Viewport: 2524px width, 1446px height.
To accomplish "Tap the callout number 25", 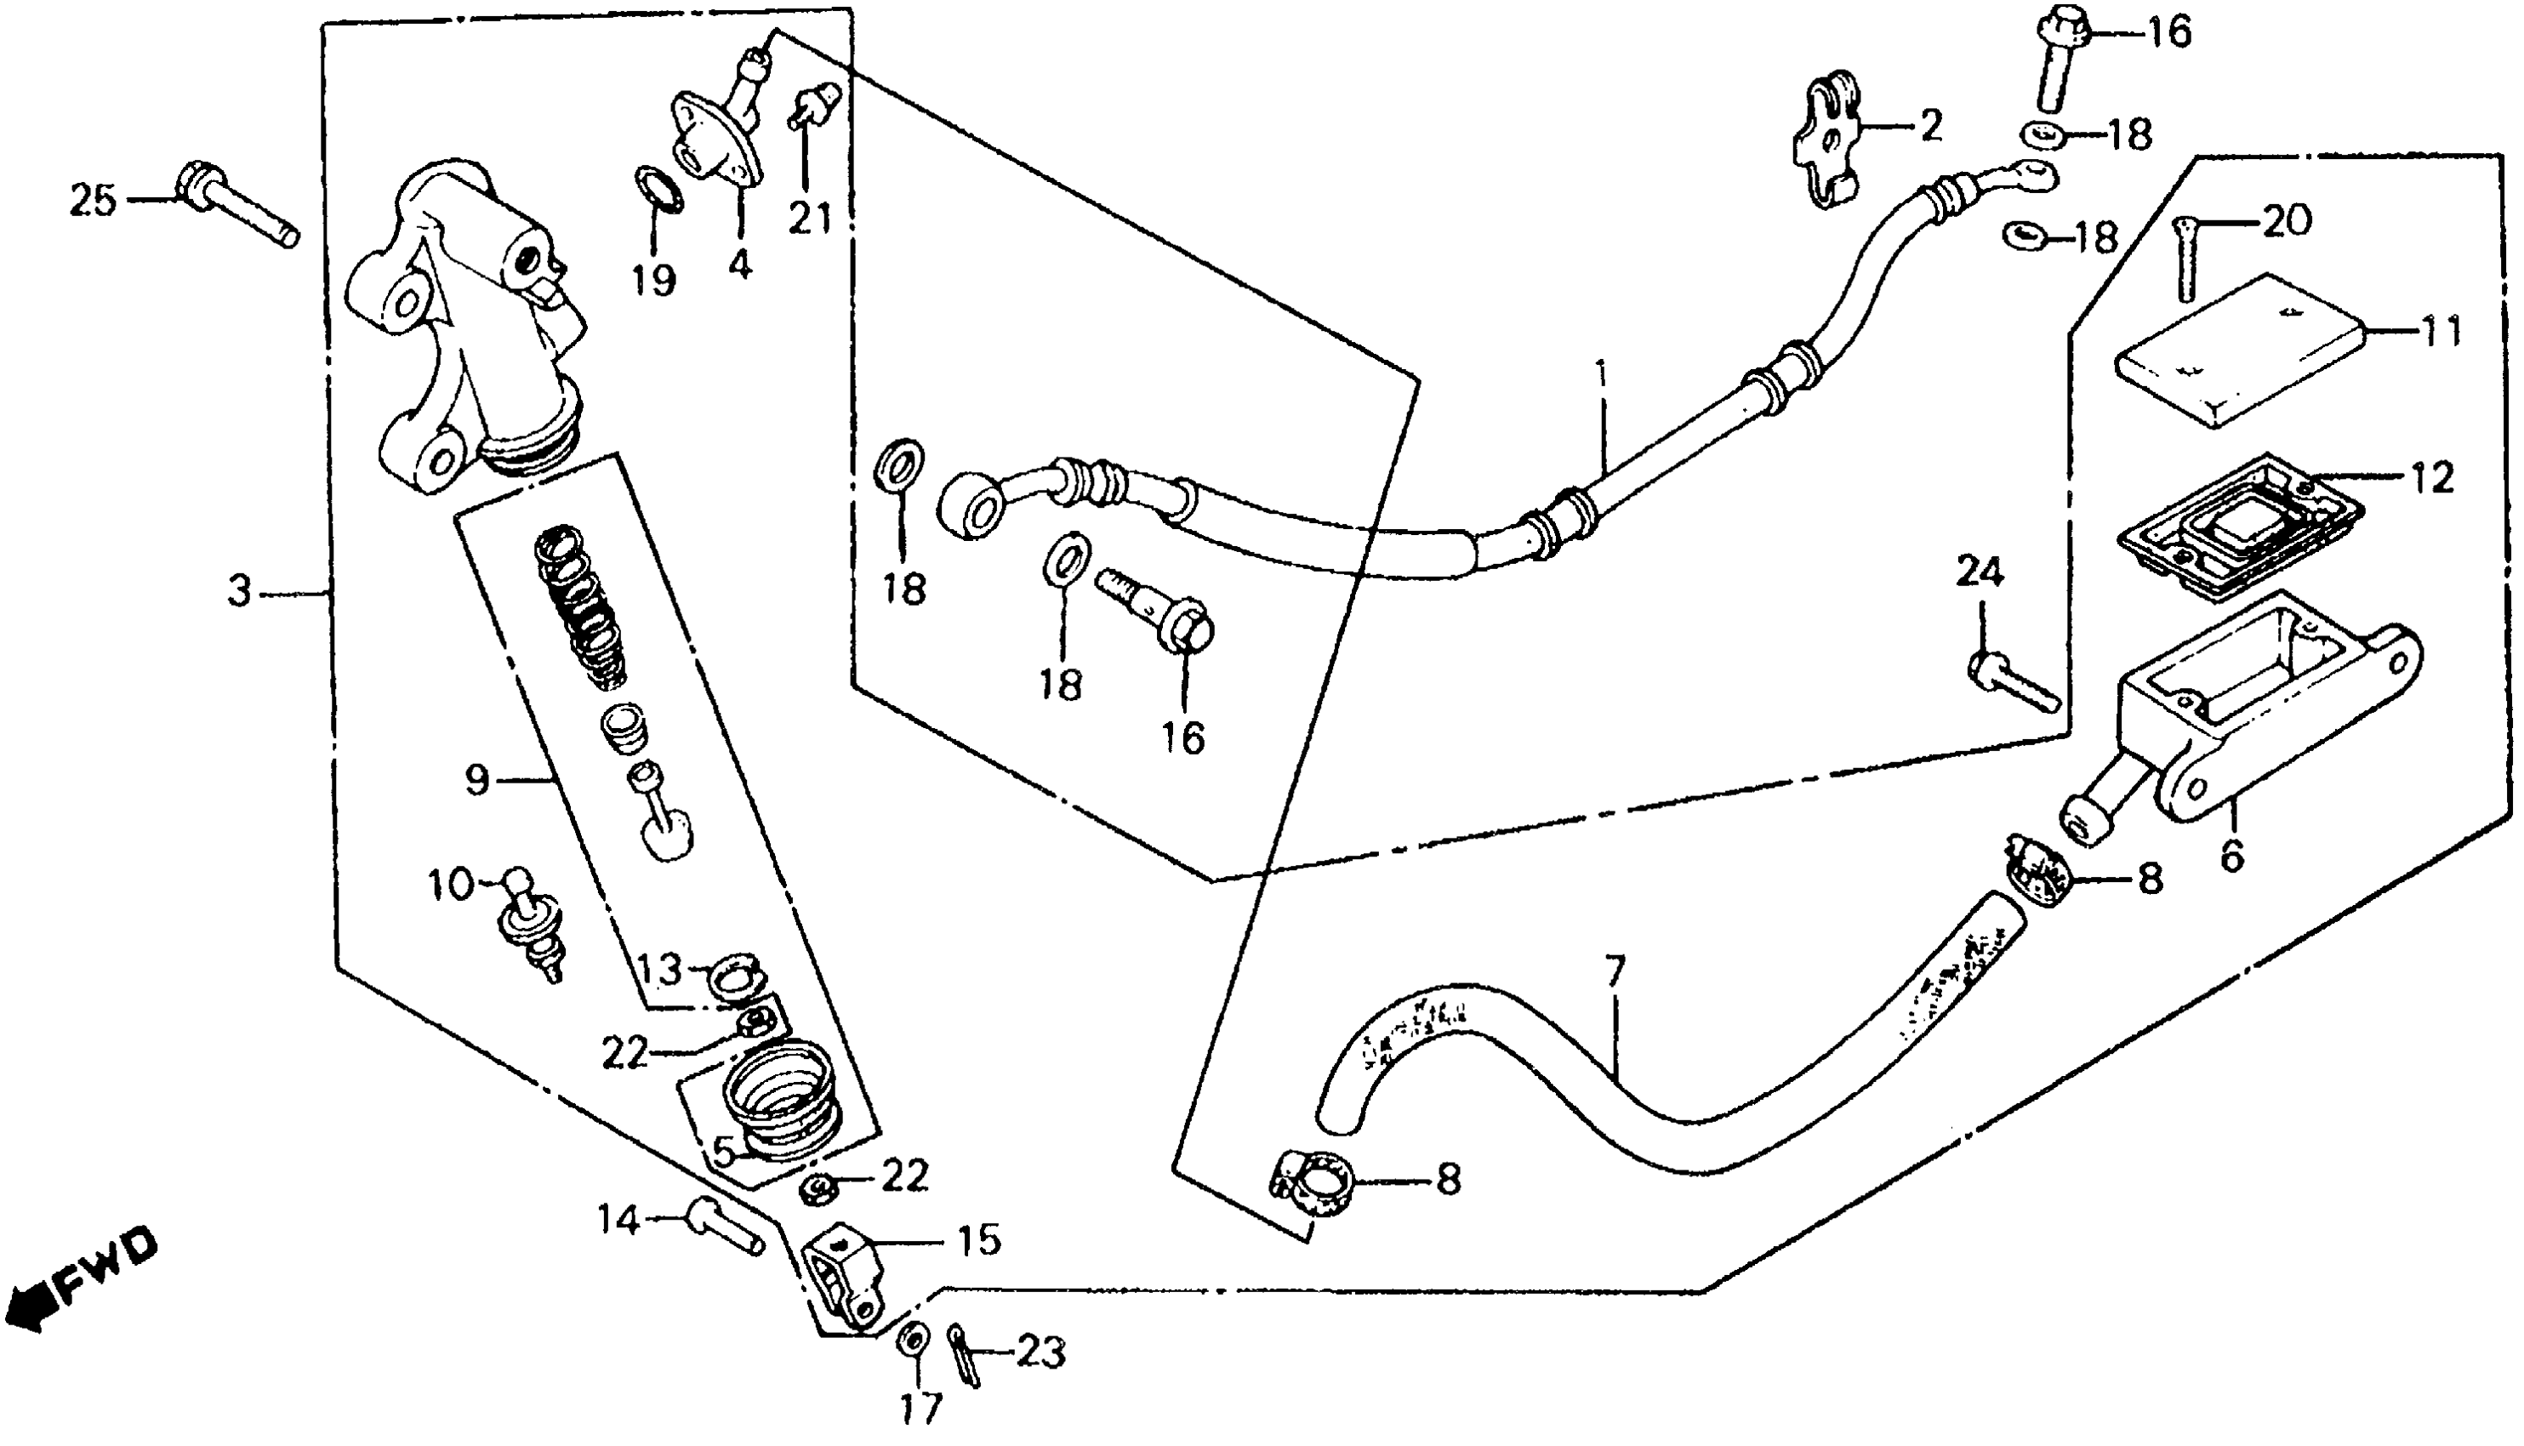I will point(93,202).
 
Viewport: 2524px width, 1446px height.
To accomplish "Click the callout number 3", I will point(239,593).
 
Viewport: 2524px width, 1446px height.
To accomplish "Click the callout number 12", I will point(2430,478).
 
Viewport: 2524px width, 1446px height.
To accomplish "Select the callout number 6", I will point(2231,855).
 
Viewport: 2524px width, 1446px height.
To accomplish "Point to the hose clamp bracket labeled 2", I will point(1828,149).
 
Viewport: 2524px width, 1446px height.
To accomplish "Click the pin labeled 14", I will point(726,1227).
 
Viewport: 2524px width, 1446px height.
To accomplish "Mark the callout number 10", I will point(451,884).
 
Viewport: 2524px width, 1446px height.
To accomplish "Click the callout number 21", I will point(810,218).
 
